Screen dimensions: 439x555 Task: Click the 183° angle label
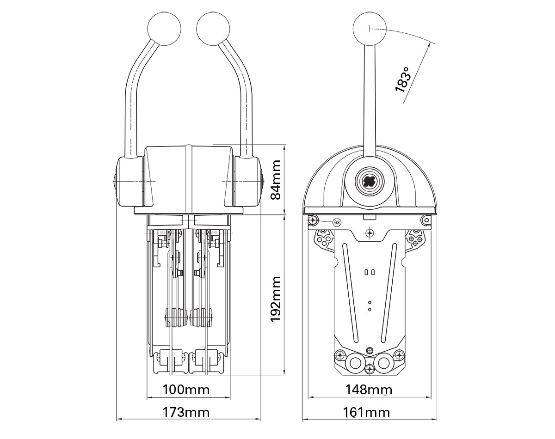tap(403, 79)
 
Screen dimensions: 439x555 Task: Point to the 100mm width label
tap(186, 390)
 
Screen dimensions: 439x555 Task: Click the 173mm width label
tap(186, 412)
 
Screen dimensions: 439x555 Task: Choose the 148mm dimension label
tap(369, 390)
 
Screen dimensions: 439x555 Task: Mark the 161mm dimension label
tap(367, 412)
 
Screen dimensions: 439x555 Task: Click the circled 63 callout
tap(337, 223)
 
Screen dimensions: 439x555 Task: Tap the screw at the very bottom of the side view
tap(369, 369)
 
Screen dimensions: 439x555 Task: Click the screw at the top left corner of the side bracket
tap(314, 220)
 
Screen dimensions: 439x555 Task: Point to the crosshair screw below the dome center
tap(369, 232)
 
